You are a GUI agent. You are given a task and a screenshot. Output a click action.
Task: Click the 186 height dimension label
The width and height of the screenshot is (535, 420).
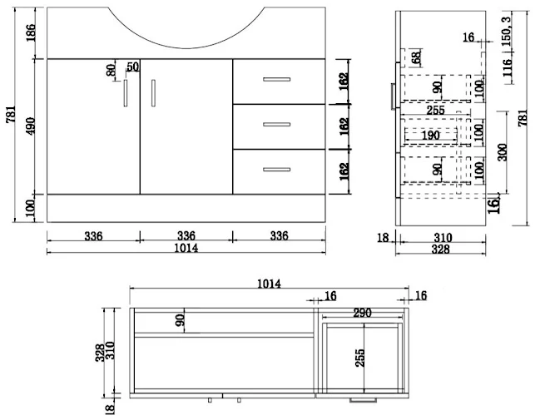point(31,32)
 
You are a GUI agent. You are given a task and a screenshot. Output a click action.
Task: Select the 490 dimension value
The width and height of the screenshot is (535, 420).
point(31,126)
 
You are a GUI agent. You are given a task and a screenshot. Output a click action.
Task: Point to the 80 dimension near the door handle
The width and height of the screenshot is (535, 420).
point(111,71)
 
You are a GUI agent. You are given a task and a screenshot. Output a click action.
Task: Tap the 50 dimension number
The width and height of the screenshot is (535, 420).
point(133,67)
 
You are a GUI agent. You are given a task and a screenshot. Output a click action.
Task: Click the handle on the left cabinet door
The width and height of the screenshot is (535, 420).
point(126,93)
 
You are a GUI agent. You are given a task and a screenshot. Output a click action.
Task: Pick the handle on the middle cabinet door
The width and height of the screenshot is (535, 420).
point(153,93)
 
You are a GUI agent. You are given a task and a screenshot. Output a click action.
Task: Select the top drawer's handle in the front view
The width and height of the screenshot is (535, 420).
point(277,80)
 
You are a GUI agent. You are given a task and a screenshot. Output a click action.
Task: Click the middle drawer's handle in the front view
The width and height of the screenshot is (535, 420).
point(277,125)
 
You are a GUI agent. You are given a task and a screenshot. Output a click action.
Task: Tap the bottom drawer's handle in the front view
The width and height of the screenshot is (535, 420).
point(277,170)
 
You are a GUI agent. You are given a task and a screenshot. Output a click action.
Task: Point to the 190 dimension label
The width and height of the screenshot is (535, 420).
point(431,136)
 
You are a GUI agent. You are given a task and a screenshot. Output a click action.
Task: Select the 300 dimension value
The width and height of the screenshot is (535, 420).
point(503,152)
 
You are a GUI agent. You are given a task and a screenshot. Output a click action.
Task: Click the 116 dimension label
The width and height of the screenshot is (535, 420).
point(508,67)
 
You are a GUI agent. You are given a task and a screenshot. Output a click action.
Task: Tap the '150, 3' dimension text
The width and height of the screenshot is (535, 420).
point(508,32)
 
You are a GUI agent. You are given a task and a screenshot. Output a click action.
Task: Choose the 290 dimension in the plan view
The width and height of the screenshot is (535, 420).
point(363,313)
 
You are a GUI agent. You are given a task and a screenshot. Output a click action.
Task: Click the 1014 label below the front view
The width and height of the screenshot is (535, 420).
point(186,248)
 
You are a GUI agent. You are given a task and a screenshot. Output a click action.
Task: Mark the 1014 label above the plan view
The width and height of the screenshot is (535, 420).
point(269,284)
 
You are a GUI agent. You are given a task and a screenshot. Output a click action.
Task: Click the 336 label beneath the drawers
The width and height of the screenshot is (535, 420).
point(280,235)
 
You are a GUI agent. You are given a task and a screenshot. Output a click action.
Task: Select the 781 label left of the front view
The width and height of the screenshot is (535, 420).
point(11,114)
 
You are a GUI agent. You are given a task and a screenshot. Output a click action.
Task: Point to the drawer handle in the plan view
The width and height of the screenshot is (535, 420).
point(363,400)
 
